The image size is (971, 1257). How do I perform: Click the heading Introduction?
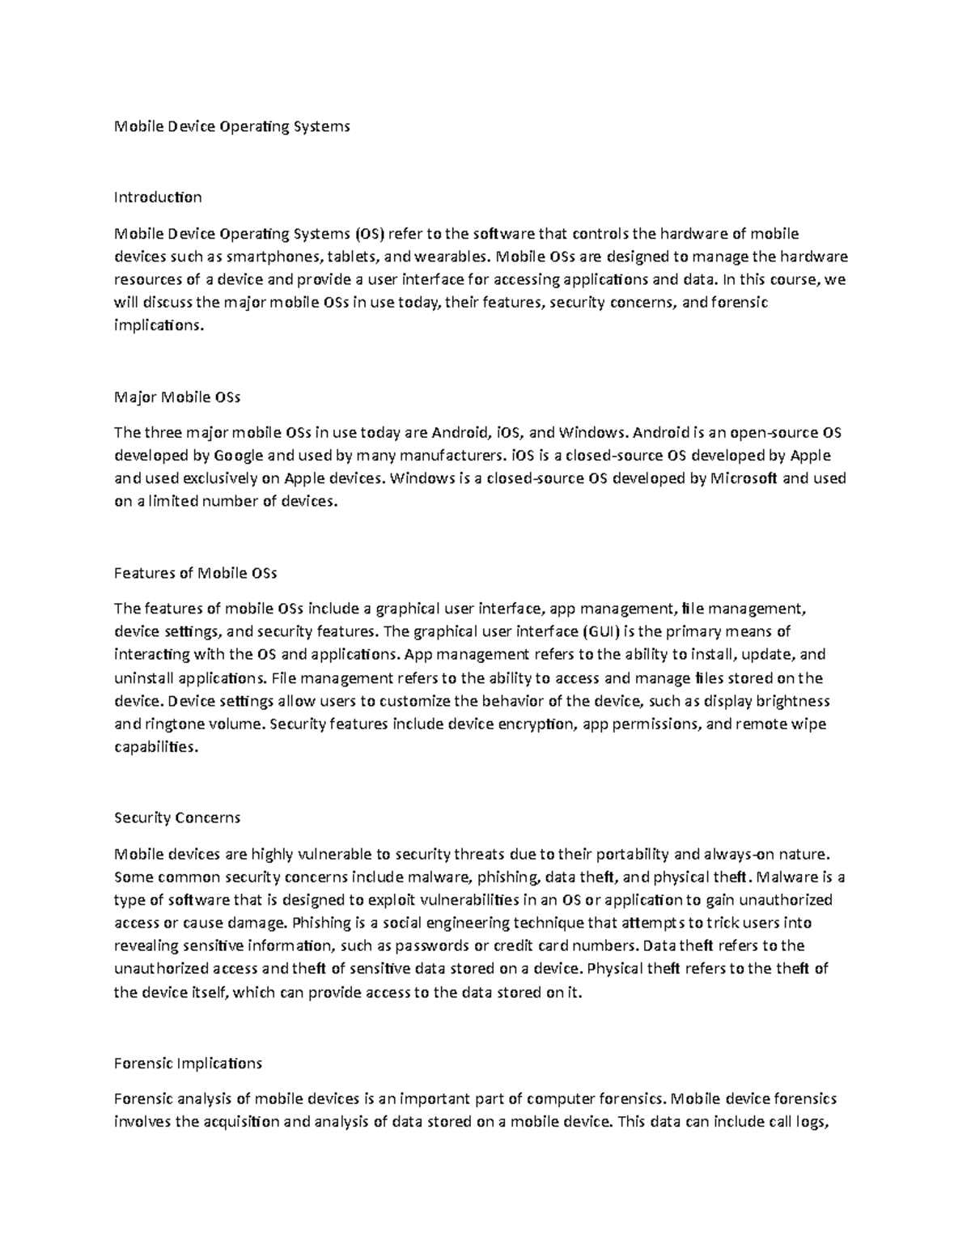point(158,197)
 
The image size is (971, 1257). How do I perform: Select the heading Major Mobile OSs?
point(177,397)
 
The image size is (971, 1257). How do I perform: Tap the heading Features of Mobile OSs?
point(195,573)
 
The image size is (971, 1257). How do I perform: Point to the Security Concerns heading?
point(177,817)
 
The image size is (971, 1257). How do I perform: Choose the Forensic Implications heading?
point(188,1063)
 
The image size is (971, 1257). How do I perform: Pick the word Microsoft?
point(744,478)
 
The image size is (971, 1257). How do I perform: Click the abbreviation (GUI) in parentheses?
point(601,631)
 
